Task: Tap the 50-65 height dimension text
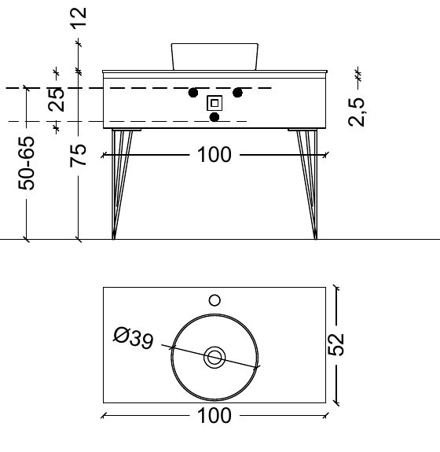[27, 164]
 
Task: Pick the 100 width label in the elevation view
[214, 156]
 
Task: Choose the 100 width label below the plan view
[214, 416]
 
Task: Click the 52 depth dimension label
[336, 344]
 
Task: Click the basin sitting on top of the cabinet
[214, 55]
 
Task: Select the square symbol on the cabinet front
[214, 103]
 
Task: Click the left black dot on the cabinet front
[192, 93]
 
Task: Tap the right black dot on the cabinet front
[236, 93]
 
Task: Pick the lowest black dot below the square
[214, 117]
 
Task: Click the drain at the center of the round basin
[214, 358]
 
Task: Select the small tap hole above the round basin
[214, 299]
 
